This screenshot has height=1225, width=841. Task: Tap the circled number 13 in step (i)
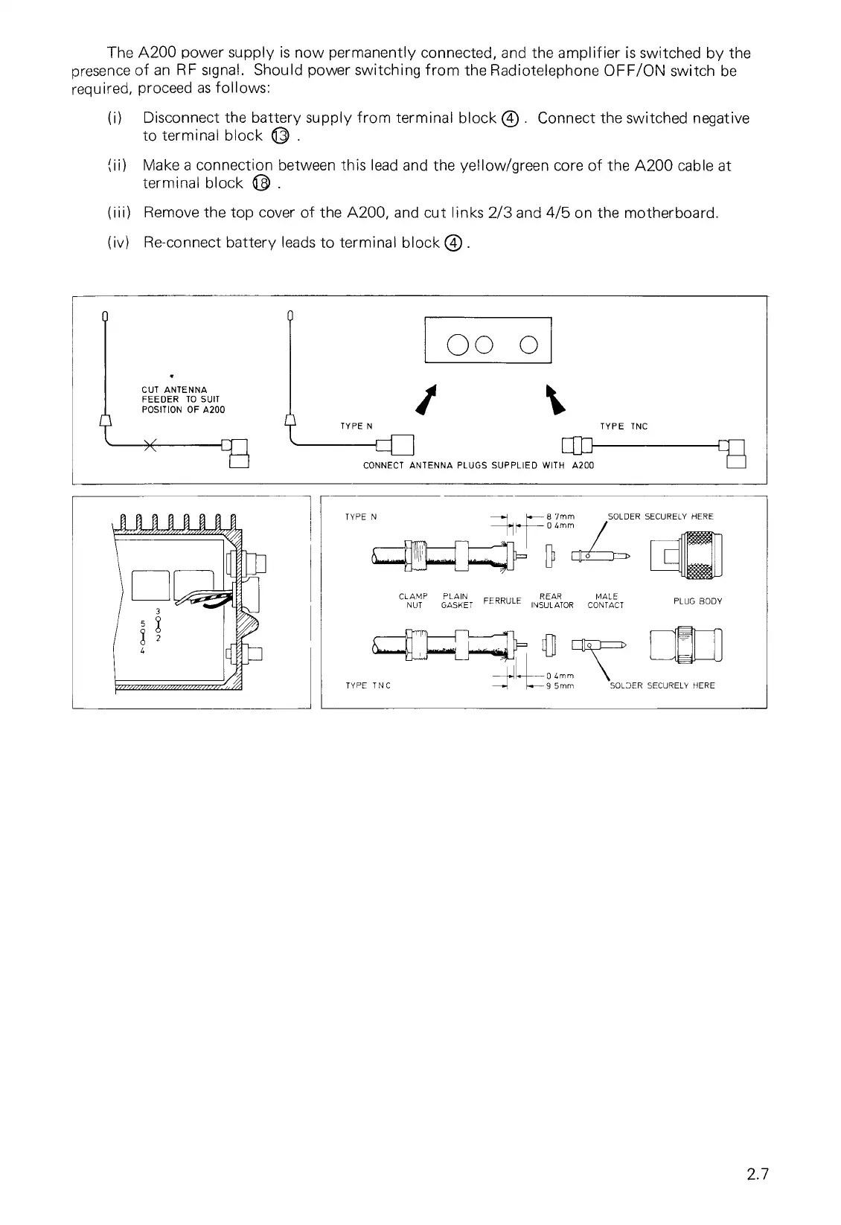coord(279,136)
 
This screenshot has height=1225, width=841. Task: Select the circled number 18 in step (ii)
coord(260,184)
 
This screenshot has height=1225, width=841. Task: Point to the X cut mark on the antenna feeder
coord(150,446)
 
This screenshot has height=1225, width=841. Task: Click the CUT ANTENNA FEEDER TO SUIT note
coord(182,400)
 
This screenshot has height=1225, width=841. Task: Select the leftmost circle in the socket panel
coord(458,345)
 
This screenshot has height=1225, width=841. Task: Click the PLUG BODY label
coord(697,601)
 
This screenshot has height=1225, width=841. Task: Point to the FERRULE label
coord(503,600)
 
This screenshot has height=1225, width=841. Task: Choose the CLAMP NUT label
coord(414,601)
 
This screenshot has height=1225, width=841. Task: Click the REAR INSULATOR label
coord(551,601)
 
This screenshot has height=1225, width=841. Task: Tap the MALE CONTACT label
coord(606,601)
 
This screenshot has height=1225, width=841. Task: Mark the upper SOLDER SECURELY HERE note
coord(660,516)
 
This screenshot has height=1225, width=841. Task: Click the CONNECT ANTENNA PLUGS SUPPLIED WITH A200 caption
coord(478,466)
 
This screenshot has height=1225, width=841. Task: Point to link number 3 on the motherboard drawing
coord(158,612)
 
